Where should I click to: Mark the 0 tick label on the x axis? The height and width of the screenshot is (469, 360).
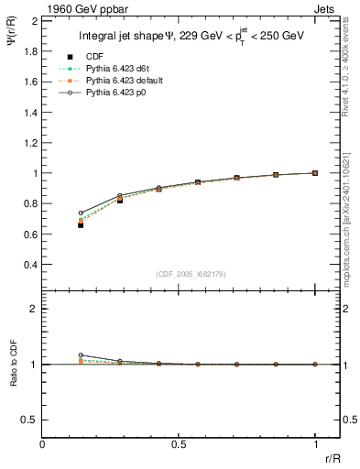coord(42,445)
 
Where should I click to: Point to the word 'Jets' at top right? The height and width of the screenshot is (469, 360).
coord(327,7)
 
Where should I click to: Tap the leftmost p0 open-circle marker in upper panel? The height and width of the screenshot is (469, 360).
coord(81,213)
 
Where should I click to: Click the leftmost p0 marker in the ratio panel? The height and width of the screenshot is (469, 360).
coord(81,354)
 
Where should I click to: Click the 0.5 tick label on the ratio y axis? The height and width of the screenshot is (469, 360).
coord(29,420)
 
